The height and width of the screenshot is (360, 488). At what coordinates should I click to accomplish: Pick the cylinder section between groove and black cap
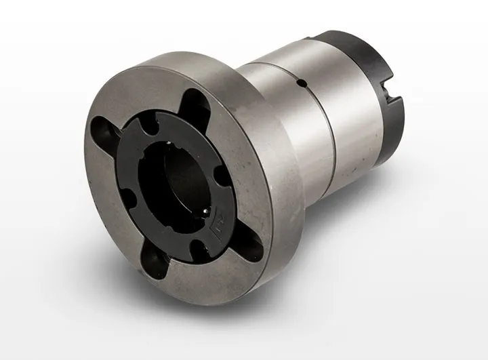(349, 108)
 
